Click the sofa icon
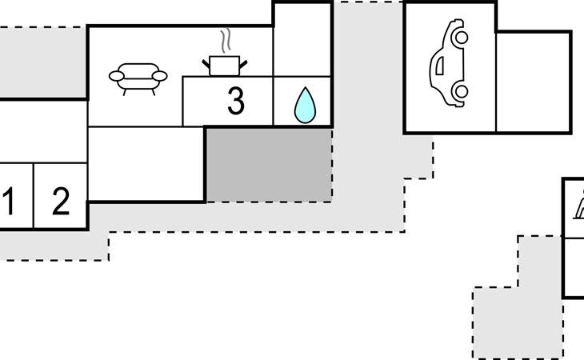(x=138, y=78)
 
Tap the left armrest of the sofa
(x=117, y=77)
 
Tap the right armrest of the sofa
(x=159, y=76)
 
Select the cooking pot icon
(x=225, y=65)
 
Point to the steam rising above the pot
(x=226, y=40)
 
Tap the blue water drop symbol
(x=304, y=106)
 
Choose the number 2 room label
(x=61, y=202)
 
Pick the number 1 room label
(x=8, y=202)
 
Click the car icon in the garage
(x=449, y=64)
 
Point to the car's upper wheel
(x=460, y=37)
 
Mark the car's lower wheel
(x=461, y=93)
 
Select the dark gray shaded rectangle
(x=269, y=164)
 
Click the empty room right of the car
(x=533, y=82)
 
